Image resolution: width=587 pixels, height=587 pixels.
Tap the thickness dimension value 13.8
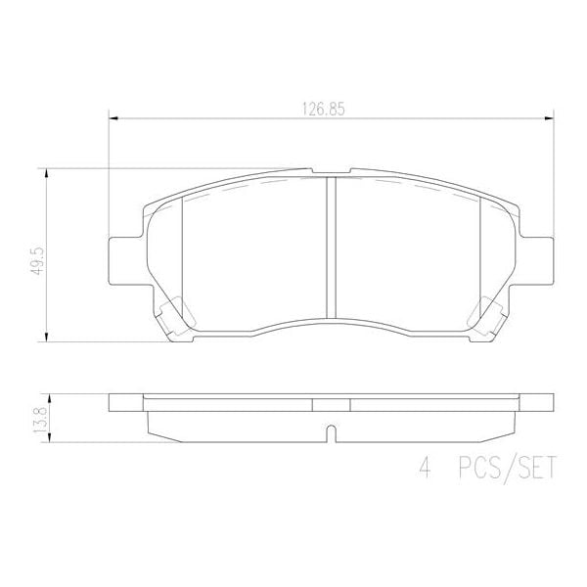pyautogui.click(x=36, y=419)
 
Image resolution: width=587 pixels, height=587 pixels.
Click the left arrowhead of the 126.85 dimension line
pyautogui.click(x=112, y=119)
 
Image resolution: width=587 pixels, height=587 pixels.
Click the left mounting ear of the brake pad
pyautogui.click(x=119, y=259)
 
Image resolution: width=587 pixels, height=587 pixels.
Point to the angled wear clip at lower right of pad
pyautogui.click(x=487, y=314)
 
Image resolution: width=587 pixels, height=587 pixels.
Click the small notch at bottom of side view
pyautogui.click(x=330, y=430)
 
